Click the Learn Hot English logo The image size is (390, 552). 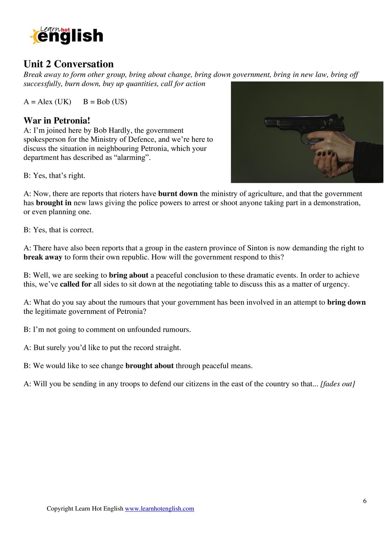coord(67,36)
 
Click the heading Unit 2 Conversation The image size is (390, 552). coord(68,64)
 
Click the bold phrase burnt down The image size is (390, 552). coord(178,194)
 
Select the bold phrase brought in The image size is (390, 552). coord(54,203)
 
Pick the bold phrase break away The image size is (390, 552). coord(43,257)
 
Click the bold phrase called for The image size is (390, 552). coord(76,285)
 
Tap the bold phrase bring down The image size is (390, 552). coord(346,302)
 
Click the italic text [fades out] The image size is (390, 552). coord(337,384)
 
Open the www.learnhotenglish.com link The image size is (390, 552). coord(159,509)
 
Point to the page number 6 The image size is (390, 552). coord(365,501)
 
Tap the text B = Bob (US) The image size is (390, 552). coord(105,102)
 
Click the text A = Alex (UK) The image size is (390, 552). coord(47,102)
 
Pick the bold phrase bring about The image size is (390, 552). coord(129,275)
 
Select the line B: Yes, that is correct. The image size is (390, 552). coord(59,230)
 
